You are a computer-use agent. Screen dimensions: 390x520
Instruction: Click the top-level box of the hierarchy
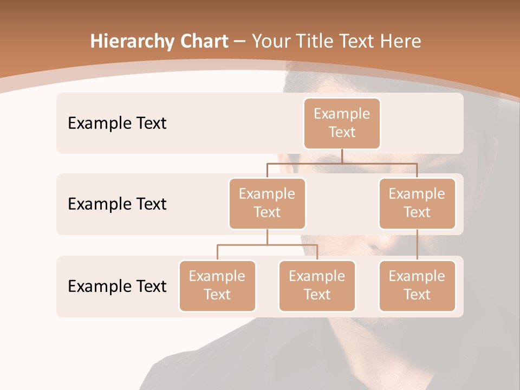(x=342, y=123)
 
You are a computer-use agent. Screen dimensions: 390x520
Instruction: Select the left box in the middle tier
(x=267, y=204)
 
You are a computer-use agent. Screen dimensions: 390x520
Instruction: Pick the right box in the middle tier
(x=417, y=204)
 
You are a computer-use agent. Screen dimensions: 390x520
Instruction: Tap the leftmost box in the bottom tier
(x=217, y=286)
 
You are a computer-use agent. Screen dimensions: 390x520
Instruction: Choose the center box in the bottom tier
(x=317, y=286)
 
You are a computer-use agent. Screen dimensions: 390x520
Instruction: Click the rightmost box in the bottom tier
(x=417, y=286)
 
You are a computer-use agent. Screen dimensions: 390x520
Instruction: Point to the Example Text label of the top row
(x=117, y=123)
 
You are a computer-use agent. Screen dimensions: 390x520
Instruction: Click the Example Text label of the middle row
(x=117, y=204)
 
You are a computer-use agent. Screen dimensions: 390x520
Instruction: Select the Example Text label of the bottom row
(x=117, y=286)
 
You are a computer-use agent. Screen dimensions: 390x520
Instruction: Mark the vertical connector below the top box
(x=342, y=156)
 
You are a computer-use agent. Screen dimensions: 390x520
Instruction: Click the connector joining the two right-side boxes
(x=417, y=245)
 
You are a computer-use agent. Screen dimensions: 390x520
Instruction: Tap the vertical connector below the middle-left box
(x=267, y=237)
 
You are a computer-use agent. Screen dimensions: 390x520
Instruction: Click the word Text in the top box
(x=342, y=132)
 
